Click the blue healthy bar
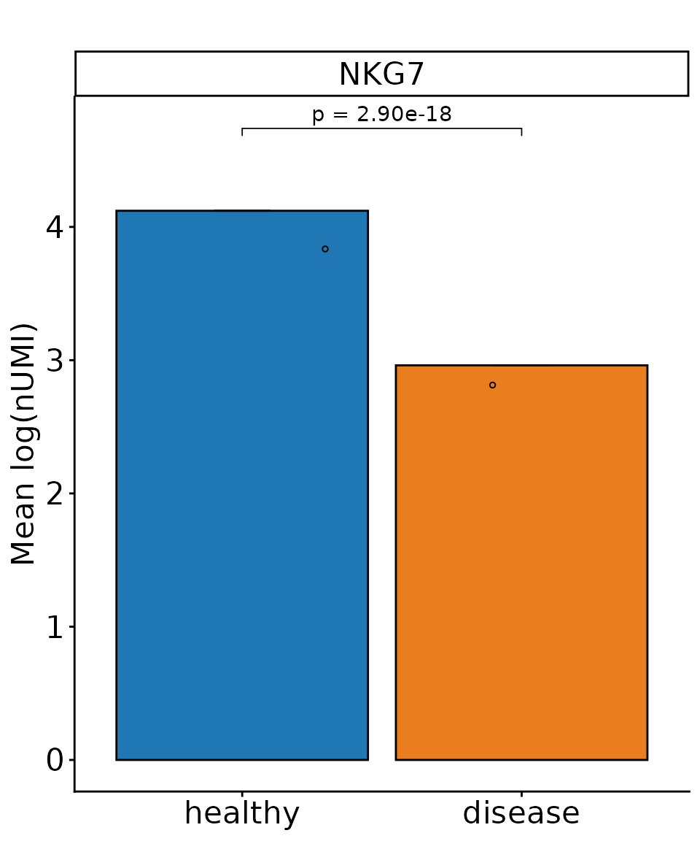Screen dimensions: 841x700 tap(241, 485)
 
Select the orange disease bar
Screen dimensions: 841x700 tap(521, 562)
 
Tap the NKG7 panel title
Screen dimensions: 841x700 tap(381, 74)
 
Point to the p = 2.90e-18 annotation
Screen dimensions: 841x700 tap(381, 115)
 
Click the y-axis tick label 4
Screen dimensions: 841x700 tap(56, 228)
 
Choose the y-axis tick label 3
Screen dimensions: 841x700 tap(56, 361)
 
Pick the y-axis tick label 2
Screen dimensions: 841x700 tap(56, 494)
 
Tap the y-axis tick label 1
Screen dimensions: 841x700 tap(56, 627)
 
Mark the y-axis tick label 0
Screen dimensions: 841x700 tap(56, 761)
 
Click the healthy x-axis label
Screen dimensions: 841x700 tap(241, 813)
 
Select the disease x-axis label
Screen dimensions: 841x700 tap(521, 813)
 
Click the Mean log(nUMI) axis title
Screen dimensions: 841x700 tap(24, 443)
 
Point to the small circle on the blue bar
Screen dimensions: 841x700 tap(325, 249)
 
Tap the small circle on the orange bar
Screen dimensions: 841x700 tap(492, 385)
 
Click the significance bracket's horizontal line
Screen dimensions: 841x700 tap(381, 128)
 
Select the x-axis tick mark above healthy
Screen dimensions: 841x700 tap(241, 794)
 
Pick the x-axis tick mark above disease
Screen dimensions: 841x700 tap(521, 794)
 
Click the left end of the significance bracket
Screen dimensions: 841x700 tap(242, 131)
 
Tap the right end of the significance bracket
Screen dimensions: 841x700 tap(521, 131)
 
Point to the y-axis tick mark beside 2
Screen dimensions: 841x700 tap(71, 494)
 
